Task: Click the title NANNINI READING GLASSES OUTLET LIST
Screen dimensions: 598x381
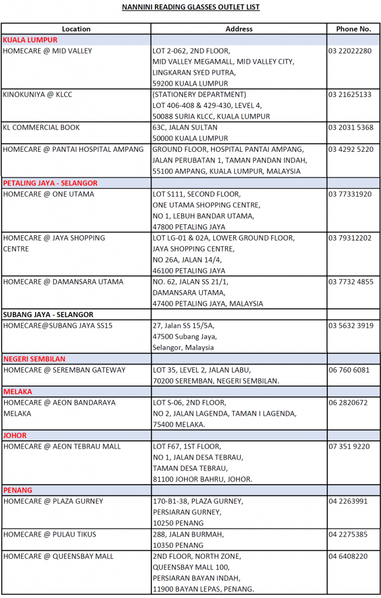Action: point(190,7)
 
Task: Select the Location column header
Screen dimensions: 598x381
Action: point(76,29)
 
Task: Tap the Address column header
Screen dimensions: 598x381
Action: point(239,29)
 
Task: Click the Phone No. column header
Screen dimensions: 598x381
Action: point(353,29)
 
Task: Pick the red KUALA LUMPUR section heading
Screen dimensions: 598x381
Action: point(30,40)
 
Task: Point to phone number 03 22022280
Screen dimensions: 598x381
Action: point(349,51)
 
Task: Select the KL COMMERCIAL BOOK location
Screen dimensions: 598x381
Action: point(41,127)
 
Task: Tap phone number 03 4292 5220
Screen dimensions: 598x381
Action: point(351,149)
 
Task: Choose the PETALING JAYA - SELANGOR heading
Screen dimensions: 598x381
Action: point(50,183)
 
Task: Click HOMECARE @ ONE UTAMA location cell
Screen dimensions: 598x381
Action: point(47,194)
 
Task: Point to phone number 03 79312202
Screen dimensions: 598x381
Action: point(349,238)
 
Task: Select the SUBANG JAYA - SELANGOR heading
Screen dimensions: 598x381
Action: point(48,314)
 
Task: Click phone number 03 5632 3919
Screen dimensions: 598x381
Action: point(351,325)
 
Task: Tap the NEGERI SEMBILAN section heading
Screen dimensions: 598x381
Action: point(34,359)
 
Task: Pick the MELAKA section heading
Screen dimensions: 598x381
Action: point(18,391)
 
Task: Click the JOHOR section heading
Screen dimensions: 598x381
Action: point(15,435)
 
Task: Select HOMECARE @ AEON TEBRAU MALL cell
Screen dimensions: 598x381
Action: point(62,446)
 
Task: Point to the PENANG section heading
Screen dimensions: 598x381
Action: point(18,490)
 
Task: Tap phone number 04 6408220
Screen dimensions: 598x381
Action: point(348,556)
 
